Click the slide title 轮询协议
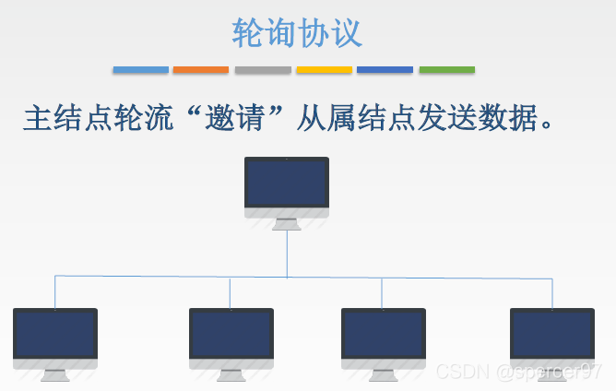click(297, 32)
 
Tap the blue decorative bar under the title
click(141, 70)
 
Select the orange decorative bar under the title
click(201, 70)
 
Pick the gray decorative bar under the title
click(263, 70)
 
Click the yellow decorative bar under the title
click(324, 70)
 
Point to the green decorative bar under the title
click(446, 70)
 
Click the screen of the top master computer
click(287, 183)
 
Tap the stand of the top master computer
click(287, 223)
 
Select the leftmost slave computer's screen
click(55, 333)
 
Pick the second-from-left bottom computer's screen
click(231, 333)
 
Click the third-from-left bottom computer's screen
click(384, 333)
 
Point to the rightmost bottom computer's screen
click(552, 333)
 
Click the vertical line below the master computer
click(287, 254)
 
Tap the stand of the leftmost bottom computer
click(55, 374)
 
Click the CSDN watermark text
click(518, 372)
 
